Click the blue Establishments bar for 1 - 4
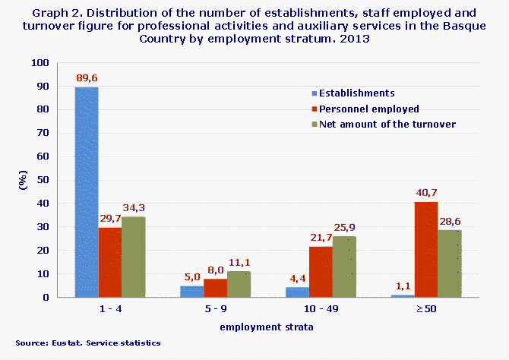coord(87,192)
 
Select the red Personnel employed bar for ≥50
coord(426,249)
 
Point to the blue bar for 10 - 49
coord(297,292)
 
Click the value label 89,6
coord(87,77)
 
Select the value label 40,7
coord(426,193)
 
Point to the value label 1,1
coord(403,286)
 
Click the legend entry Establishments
coord(356,93)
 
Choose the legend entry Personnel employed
coord(368,109)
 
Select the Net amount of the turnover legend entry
coord(387,124)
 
